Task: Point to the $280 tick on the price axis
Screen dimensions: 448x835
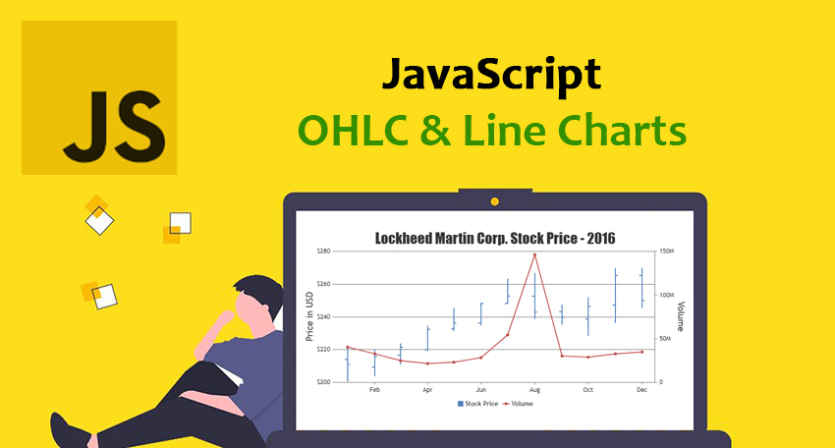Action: [x=323, y=252]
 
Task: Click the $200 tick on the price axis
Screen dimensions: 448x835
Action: [x=323, y=382]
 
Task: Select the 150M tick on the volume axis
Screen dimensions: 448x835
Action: [x=667, y=252]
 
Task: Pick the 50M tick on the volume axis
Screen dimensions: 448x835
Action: [x=666, y=339]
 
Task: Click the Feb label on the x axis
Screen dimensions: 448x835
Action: [x=374, y=390]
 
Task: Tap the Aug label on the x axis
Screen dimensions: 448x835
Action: [x=534, y=390]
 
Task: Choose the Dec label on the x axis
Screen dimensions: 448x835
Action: [x=640, y=390]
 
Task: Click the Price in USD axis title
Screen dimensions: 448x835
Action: [x=310, y=316]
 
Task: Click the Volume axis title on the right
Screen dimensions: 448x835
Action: [x=680, y=316]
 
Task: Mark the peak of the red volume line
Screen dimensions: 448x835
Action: [x=534, y=254]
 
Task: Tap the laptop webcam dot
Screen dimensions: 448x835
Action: [x=495, y=201]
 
